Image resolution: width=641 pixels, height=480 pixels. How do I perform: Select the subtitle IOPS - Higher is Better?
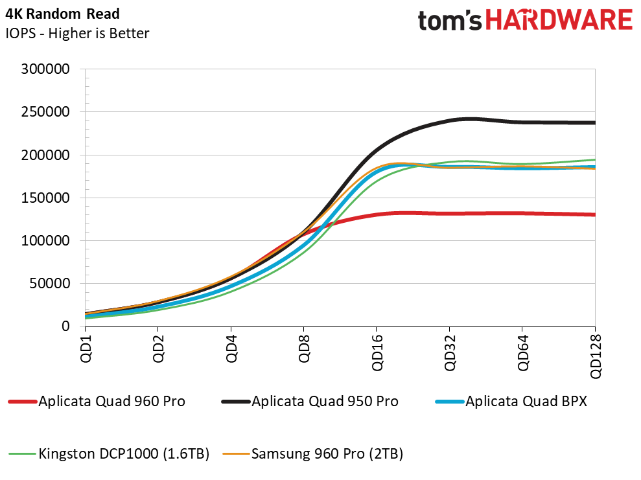[77, 33]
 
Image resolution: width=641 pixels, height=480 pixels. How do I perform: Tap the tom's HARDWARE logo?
[525, 21]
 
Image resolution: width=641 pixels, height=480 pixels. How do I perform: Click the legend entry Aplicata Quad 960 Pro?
[111, 402]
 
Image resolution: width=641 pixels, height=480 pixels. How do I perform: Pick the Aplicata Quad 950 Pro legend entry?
[325, 402]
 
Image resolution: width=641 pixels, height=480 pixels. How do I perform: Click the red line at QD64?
[522, 213]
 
